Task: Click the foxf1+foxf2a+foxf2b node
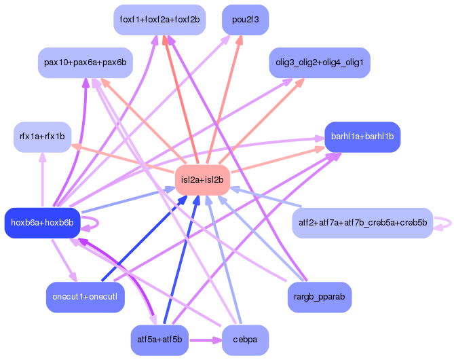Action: tap(159, 20)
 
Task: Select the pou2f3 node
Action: tap(246, 20)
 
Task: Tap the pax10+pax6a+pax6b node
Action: tap(85, 62)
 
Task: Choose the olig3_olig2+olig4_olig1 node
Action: tap(319, 62)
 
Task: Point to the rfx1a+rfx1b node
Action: tap(42, 137)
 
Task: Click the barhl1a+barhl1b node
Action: tap(362, 137)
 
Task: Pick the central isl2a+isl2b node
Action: tap(202, 179)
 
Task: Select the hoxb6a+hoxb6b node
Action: tap(42, 223)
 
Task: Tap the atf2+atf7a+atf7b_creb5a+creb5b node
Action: tap(362, 223)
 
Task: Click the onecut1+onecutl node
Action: tap(85, 297)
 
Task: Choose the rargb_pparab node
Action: tap(319, 297)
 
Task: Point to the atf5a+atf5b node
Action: tap(159, 340)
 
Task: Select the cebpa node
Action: tap(246, 340)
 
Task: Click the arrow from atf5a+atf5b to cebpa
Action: tap(206, 340)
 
